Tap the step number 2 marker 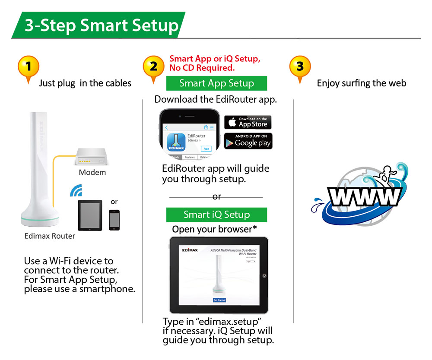(153, 67)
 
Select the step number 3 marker (300, 67)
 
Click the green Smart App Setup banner (216, 83)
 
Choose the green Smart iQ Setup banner (216, 215)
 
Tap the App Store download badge (248, 123)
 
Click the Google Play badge (248, 141)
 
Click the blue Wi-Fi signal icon (76, 190)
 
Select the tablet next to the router (90, 215)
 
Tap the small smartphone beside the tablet (114, 220)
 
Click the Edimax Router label (50, 236)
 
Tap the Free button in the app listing (206, 148)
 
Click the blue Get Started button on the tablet (219, 300)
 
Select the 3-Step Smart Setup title (101, 25)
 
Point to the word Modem (92, 173)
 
